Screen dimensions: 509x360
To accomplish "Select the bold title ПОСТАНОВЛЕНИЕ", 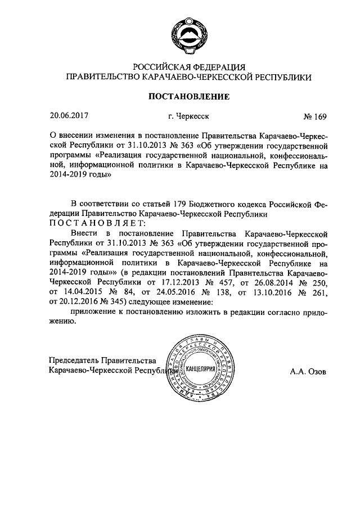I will click(x=188, y=97).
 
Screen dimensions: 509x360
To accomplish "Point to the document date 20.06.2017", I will click(x=69, y=116).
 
